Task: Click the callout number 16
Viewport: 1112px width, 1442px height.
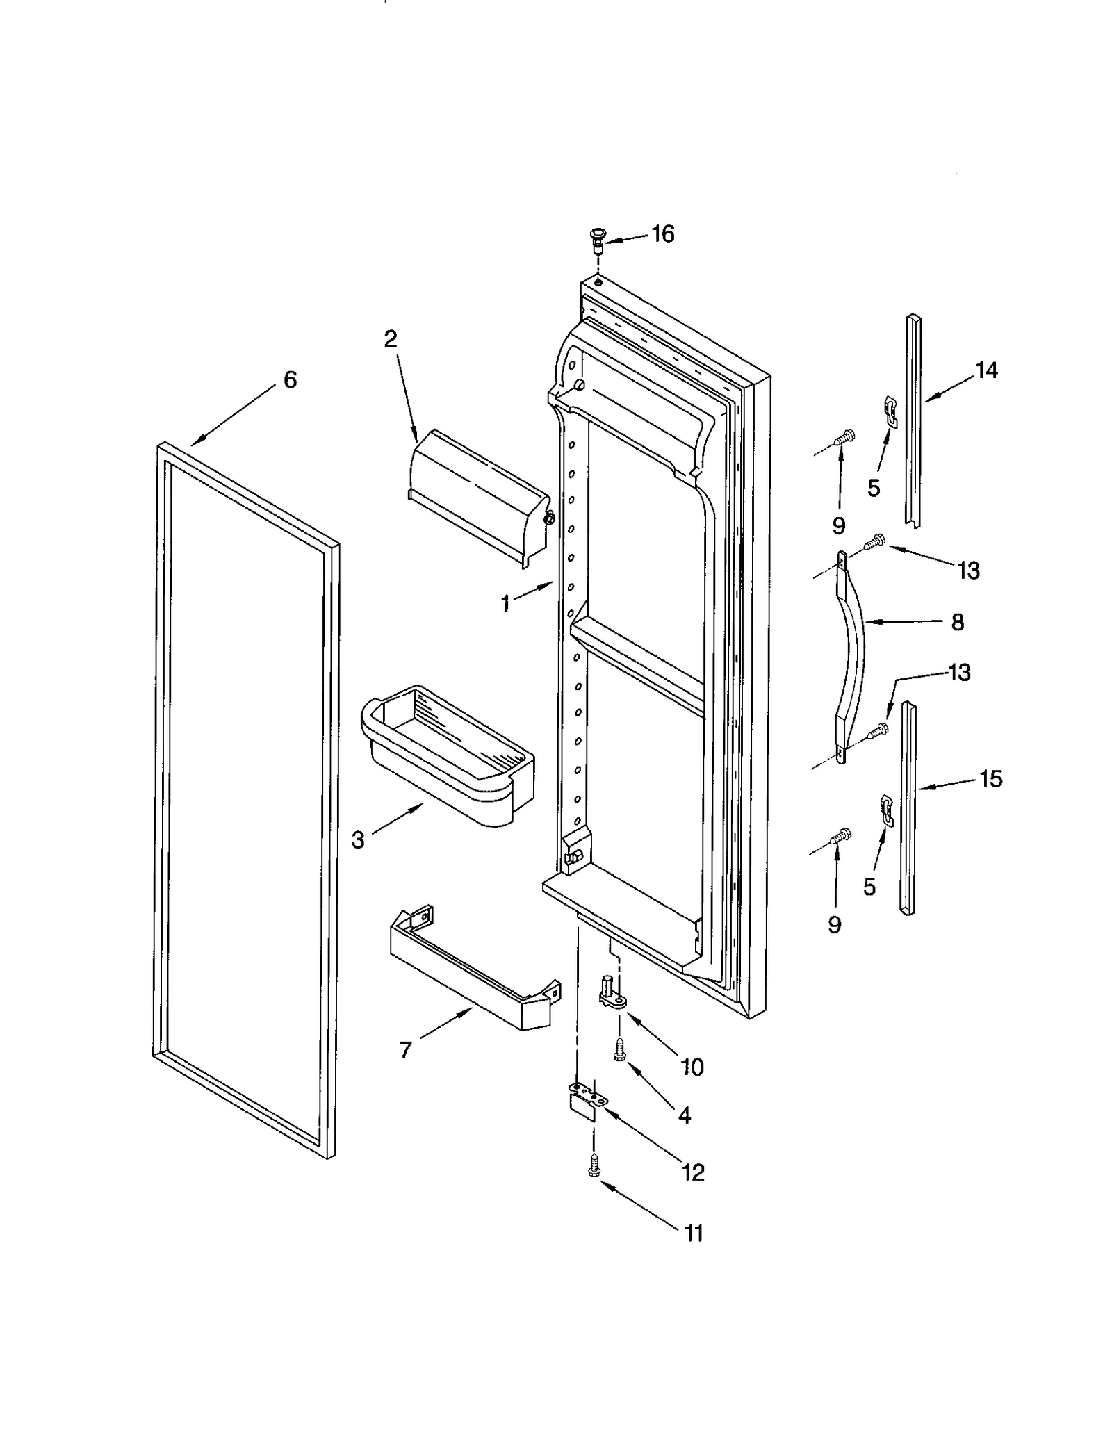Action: point(662,234)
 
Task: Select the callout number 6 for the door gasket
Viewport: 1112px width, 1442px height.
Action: point(290,379)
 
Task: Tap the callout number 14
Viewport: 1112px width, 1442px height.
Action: point(986,370)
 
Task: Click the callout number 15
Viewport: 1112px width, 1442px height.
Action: point(991,779)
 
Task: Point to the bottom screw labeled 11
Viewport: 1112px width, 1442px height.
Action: point(594,1166)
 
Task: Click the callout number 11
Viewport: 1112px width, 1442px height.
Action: point(693,1234)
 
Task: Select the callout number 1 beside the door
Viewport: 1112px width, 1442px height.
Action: point(505,604)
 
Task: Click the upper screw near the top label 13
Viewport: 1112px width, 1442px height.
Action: point(875,540)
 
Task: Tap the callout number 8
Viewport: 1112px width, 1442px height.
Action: point(957,623)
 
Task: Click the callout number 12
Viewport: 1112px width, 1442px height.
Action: point(693,1173)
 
